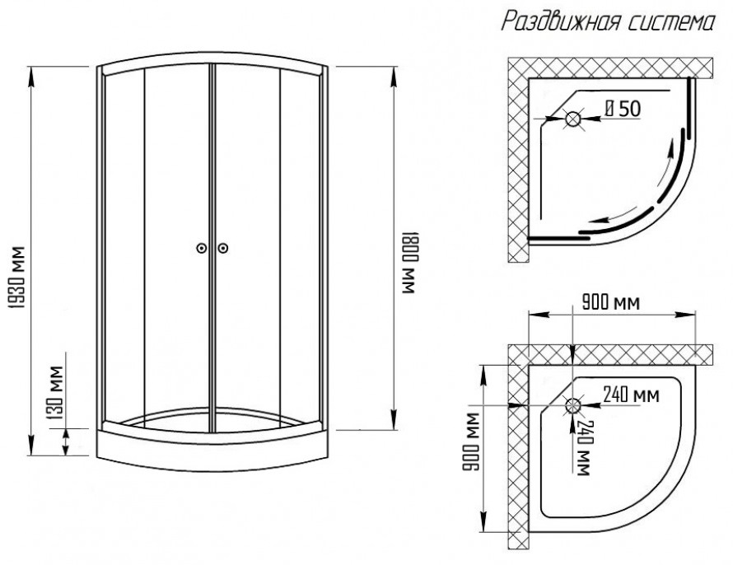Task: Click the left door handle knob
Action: tap(202, 248)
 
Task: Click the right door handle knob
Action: tap(223, 248)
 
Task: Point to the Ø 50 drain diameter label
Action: tap(623, 108)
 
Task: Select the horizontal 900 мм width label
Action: tap(610, 303)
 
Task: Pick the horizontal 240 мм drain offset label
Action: tap(631, 395)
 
